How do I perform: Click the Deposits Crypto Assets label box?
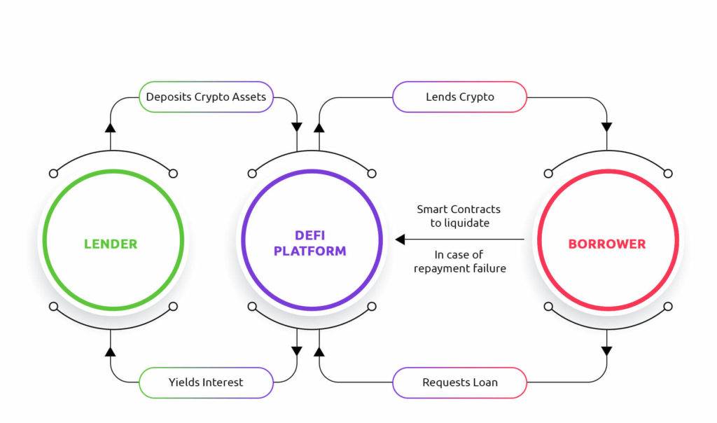pyautogui.click(x=207, y=97)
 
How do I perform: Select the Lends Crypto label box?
pyautogui.click(x=459, y=97)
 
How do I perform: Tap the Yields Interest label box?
pyautogui.click(x=207, y=382)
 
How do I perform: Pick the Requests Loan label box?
pyautogui.click(x=459, y=382)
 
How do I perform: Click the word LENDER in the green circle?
pyautogui.click(x=111, y=244)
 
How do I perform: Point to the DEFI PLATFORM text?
pyautogui.click(x=310, y=243)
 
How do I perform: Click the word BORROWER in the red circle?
pyautogui.click(x=607, y=244)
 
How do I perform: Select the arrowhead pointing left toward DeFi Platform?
pyautogui.click(x=400, y=240)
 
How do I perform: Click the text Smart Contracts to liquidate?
pyautogui.click(x=459, y=216)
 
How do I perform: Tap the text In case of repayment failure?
pyautogui.click(x=459, y=262)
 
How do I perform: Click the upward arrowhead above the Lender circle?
pyautogui.click(x=110, y=127)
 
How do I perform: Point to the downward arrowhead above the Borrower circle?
pyautogui.click(x=607, y=127)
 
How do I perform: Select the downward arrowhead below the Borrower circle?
pyautogui.click(x=607, y=351)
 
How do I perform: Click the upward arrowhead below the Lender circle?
pyautogui.click(x=110, y=351)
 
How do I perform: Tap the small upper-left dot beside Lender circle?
pyautogui.click(x=53, y=174)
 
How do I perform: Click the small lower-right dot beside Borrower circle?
pyautogui.click(x=668, y=306)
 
